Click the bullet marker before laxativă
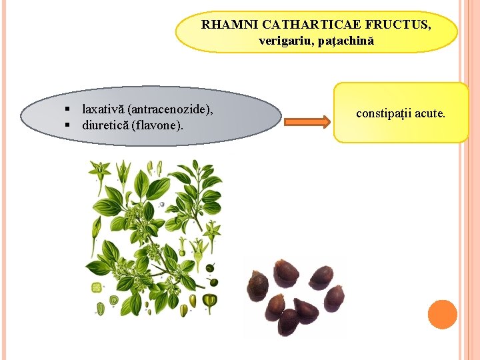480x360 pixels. pos(69,108)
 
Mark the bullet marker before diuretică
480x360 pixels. pos(69,125)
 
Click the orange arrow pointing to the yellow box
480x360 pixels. pos(307,121)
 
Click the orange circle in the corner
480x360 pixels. pos(443,314)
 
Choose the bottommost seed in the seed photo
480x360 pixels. pos(288,321)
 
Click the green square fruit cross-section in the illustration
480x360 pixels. pos(97,288)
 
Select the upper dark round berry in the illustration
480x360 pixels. pos(211,268)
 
